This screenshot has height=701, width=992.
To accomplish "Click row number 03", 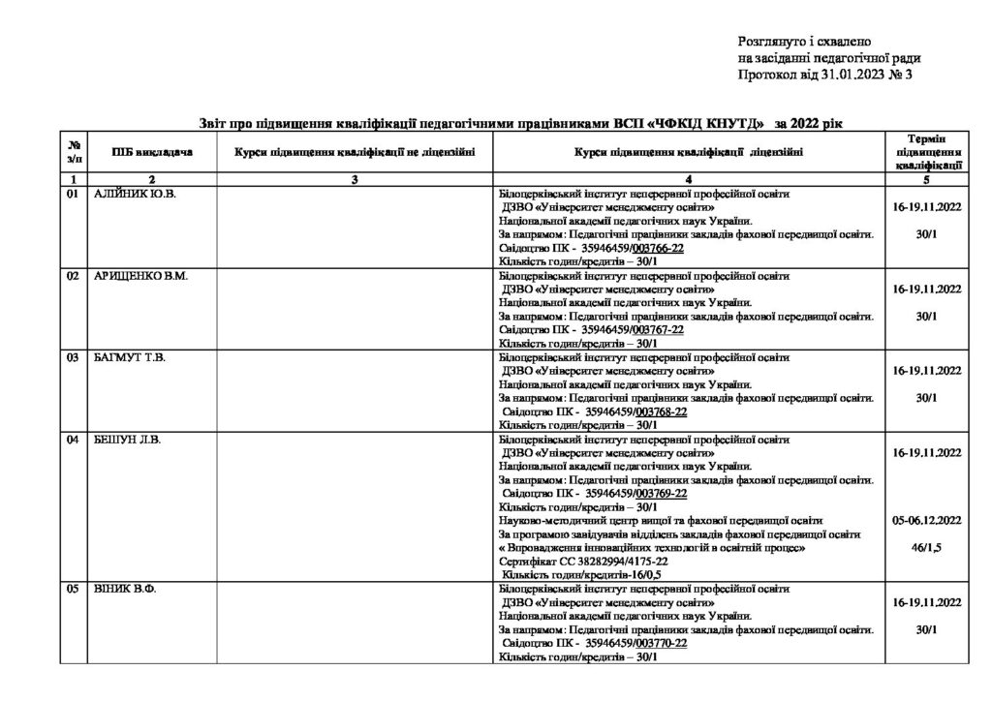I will click(x=72, y=358).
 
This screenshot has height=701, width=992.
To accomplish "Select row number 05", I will click(x=72, y=589).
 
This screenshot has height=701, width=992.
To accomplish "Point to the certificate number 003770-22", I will click(x=661, y=643).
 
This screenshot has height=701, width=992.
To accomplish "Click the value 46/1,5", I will click(x=927, y=547).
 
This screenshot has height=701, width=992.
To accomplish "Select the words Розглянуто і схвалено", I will click(x=804, y=43).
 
